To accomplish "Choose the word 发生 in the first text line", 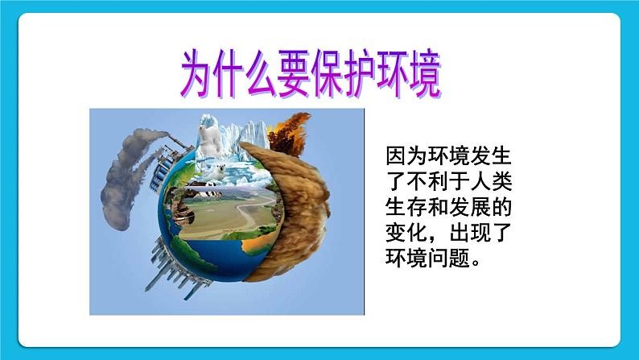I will tap(491, 153).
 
